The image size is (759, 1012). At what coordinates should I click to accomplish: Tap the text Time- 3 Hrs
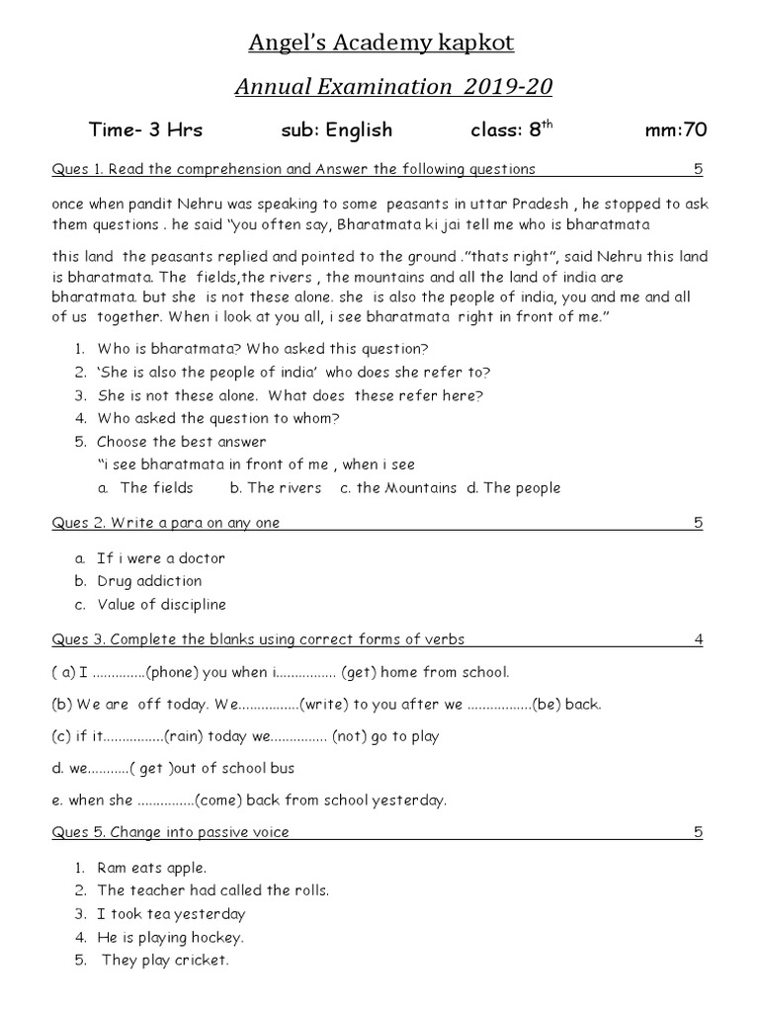point(145,130)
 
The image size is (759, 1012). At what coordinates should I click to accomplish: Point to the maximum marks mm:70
point(675,130)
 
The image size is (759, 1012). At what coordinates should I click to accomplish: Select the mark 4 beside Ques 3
point(698,639)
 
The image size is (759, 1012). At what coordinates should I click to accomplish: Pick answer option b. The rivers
point(276,487)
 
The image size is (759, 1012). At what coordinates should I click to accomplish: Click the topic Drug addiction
point(149,581)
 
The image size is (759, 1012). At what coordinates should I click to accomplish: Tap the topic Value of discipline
point(161,604)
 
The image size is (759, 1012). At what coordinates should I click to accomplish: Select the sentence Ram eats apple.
point(151,868)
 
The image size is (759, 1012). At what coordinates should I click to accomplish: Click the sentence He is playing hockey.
point(170,937)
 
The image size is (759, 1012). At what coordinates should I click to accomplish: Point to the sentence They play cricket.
point(165,961)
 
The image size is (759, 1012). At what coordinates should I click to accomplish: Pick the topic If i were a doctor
point(161,558)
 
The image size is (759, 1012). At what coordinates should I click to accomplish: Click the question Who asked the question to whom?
point(218,418)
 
